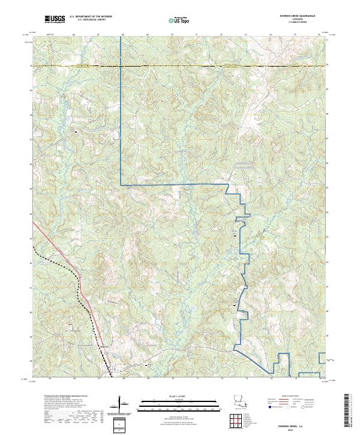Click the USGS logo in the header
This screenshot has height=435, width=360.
[55, 19]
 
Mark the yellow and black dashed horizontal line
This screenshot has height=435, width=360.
[180, 65]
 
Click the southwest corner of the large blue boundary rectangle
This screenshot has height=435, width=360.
[121, 185]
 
